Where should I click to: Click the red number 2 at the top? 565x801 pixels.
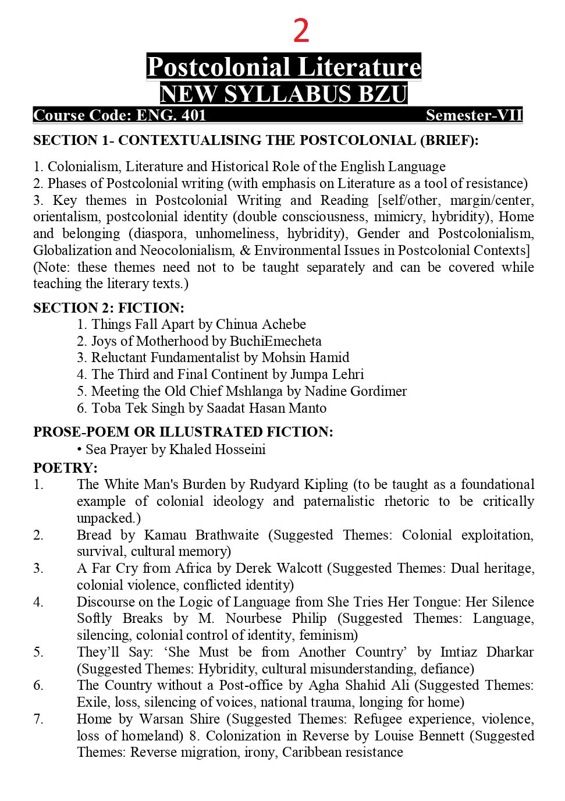point(301,31)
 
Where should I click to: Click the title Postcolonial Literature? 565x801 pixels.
point(283,67)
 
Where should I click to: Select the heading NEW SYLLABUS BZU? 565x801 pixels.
point(283,94)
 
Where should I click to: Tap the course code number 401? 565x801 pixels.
point(194,115)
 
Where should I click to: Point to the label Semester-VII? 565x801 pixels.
point(474,115)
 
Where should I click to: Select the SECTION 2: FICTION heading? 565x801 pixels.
point(108,308)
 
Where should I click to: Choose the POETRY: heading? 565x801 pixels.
point(65,468)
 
